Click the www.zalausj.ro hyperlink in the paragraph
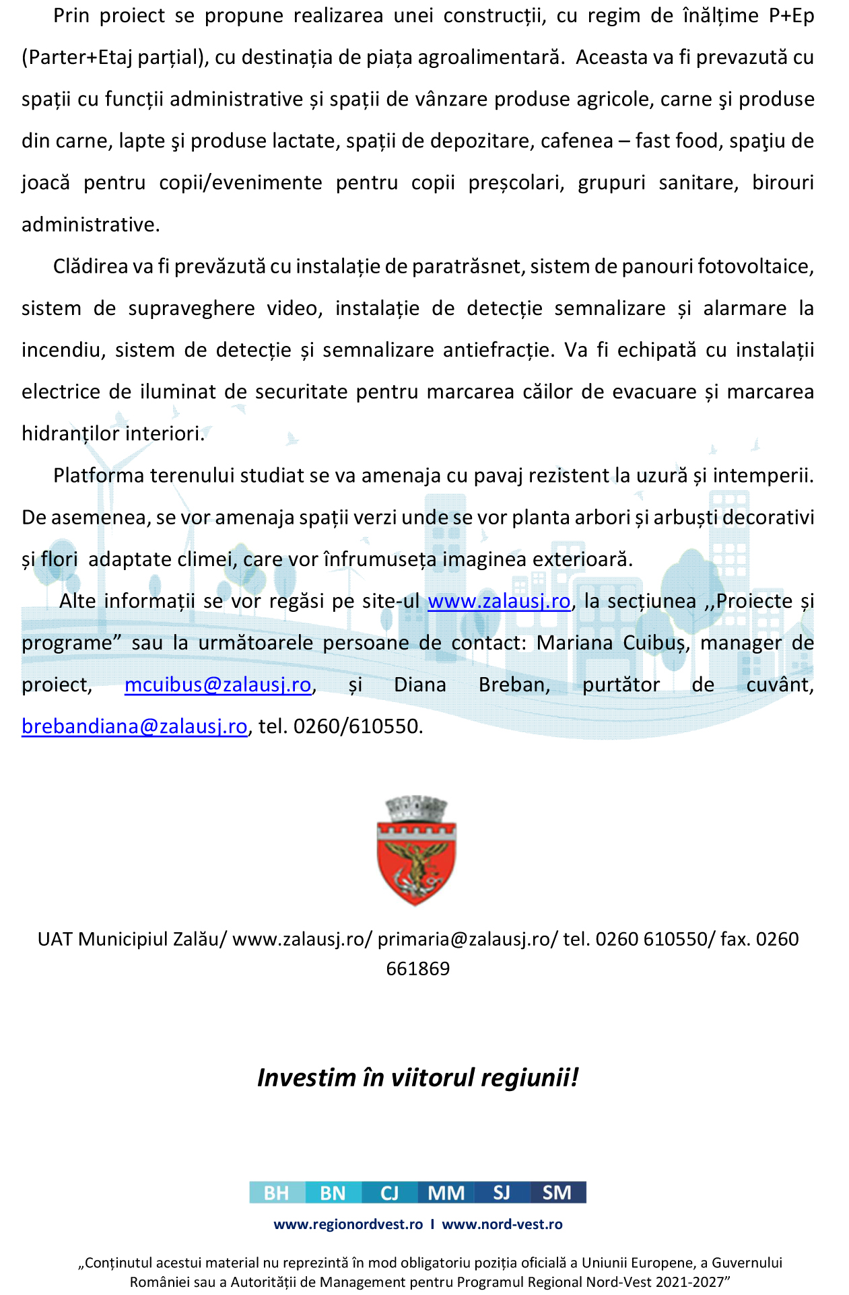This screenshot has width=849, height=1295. pos(499,601)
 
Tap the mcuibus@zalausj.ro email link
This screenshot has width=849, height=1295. pos(218,685)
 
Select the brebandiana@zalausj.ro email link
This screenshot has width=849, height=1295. pos(135,726)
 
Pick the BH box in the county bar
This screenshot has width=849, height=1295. pos(277,1193)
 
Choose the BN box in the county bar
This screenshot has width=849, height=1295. pos(333,1193)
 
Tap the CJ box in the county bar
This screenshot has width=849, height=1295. pos(389,1193)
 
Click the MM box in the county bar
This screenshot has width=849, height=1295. pos(446,1193)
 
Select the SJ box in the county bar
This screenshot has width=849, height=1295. pos(502,1193)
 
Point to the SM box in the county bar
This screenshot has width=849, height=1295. pos(557,1193)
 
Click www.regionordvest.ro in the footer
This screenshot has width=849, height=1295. pos(348,1224)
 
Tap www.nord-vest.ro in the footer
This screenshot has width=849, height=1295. pos(502,1224)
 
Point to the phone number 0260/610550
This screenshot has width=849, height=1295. pos(357,726)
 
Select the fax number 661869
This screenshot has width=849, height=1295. pos(417,969)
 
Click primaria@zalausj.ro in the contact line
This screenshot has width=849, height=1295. pos(464,939)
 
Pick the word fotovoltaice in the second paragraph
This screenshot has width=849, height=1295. pos(755,267)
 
